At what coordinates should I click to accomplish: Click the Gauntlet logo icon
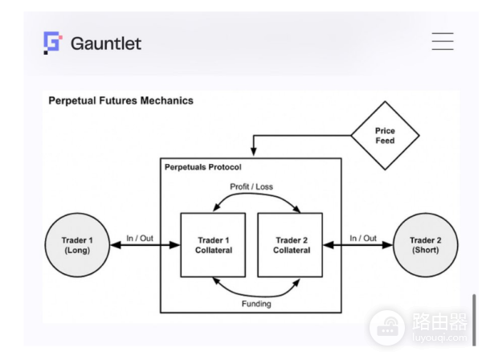click(x=52, y=42)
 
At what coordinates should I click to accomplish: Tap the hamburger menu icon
click(x=443, y=41)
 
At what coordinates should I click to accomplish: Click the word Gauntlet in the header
click(x=105, y=43)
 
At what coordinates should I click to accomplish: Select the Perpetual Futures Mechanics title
click(x=120, y=101)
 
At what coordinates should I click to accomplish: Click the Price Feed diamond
click(x=385, y=135)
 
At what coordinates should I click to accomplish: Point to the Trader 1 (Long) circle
click(x=78, y=244)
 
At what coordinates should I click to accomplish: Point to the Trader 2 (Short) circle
click(x=427, y=244)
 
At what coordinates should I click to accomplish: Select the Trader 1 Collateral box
click(x=214, y=244)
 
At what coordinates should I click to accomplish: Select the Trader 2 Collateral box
click(x=288, y=244)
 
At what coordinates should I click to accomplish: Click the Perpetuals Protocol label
click(x=202, y=166)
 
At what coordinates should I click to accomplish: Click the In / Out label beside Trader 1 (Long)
click(x=141, y=238)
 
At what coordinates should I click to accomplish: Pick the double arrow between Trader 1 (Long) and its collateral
click(x=145, y=247)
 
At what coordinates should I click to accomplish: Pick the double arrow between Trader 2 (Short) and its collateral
click(x=357, y=247)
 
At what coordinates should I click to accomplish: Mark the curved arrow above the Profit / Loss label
click(x=255, y=201)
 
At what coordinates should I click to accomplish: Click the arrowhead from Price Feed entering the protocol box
click(x=255, y=153)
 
